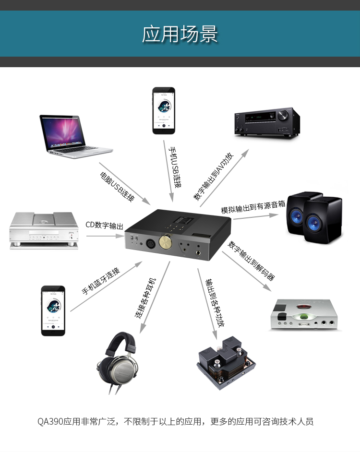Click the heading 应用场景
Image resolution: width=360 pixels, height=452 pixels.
(180, 35)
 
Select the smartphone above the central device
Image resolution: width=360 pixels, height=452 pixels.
(163, 111)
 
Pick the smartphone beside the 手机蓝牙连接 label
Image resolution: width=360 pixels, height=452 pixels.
(53, 310)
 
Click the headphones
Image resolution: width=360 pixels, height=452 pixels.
(119, 362)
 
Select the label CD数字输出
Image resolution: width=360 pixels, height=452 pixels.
(105, 226)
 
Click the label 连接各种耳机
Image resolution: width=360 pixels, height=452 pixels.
(145, 298)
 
